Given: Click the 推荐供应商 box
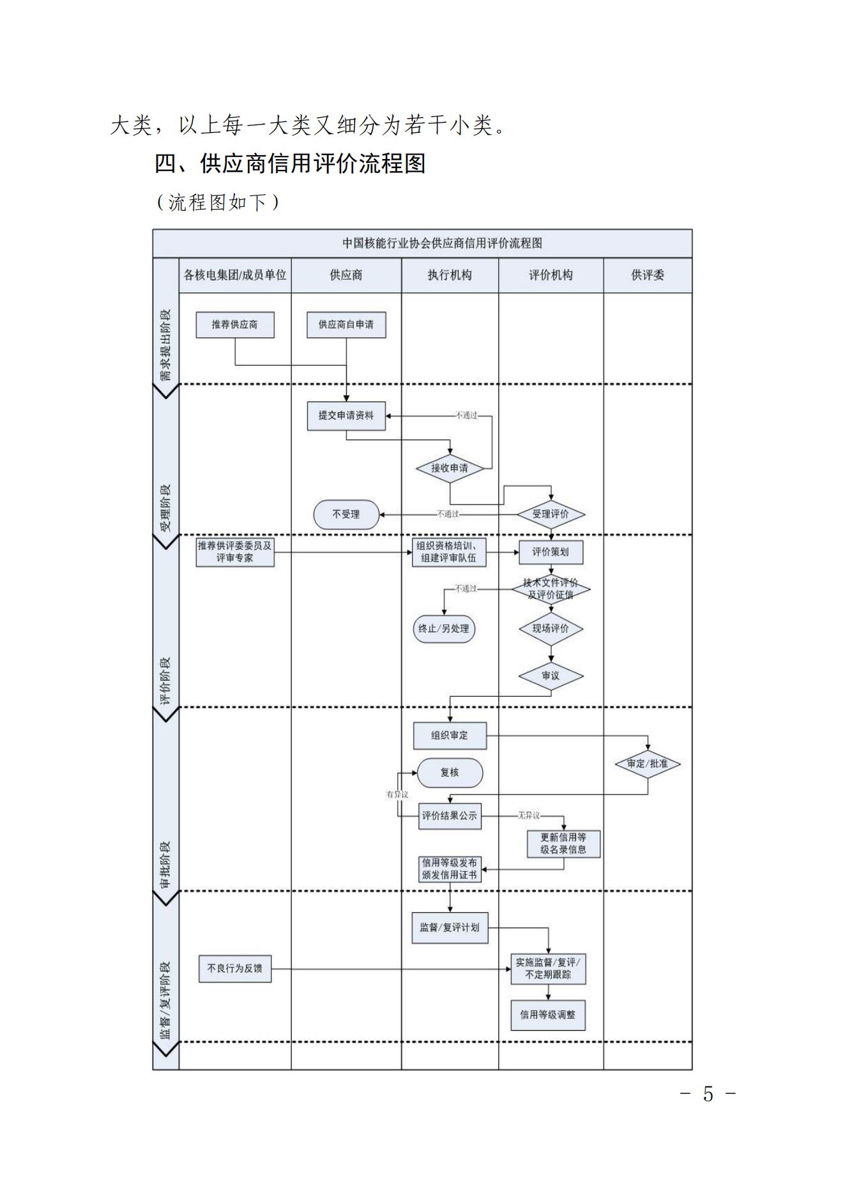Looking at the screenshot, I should click(x=235, y=324).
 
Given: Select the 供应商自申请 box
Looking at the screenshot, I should click(x=346, y=324).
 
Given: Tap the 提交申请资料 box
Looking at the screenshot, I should click(x=346, y=416).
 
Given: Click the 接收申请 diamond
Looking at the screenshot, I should click(x=450, y=468).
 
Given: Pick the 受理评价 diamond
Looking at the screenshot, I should click(x=551, y=514).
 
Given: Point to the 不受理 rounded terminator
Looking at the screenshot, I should click(x=346, y=514).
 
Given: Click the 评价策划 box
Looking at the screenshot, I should click(x=551, y=552).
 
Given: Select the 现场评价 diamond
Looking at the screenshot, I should click(x=551, y=628).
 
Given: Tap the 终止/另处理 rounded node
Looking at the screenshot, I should click(x=444, y=628).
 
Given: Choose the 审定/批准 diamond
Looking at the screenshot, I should click(x=648, y=764).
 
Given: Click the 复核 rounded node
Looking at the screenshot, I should click(x=450, y=773).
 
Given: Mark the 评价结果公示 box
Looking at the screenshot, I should click(x=450, y=816).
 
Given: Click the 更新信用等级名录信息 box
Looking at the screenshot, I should click(x=563, y=843).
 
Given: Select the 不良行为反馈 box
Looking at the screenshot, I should click(x=235, y=969).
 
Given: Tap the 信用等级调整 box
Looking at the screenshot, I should click(x=548, y=1015).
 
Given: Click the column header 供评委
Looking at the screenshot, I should click(x=648, y=275).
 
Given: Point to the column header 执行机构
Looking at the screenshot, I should click(x=450, y=275).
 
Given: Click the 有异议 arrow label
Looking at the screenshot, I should click(x=397, y=795).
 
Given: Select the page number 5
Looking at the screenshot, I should click(x=708, y=1095).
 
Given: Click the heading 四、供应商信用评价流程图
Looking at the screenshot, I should click(x=290, y=164).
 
